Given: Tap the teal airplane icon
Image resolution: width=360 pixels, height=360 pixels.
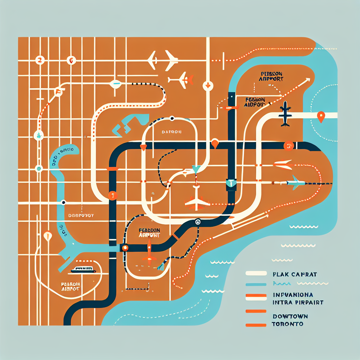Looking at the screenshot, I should [295, 182].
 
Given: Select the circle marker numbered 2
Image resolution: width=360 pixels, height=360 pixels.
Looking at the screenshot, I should [39, 60].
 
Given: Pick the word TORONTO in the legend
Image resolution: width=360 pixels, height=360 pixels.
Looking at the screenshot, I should [287, 324].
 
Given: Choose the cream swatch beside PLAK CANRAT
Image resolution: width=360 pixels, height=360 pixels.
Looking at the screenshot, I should [256, 273].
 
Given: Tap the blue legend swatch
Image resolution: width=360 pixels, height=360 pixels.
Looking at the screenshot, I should [256, 284].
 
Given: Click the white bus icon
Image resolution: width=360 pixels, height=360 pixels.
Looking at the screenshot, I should [83, 270].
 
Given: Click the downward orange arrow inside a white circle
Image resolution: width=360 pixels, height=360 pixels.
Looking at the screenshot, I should [208, 85].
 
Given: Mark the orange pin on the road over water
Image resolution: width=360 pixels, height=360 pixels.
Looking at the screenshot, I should [321, 116].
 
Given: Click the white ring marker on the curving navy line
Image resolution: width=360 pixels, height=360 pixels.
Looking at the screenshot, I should [198, 221].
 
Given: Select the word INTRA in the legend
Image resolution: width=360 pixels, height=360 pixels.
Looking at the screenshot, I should [282, 302].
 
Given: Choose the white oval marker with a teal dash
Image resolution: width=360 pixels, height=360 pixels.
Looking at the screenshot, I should [116, 84].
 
